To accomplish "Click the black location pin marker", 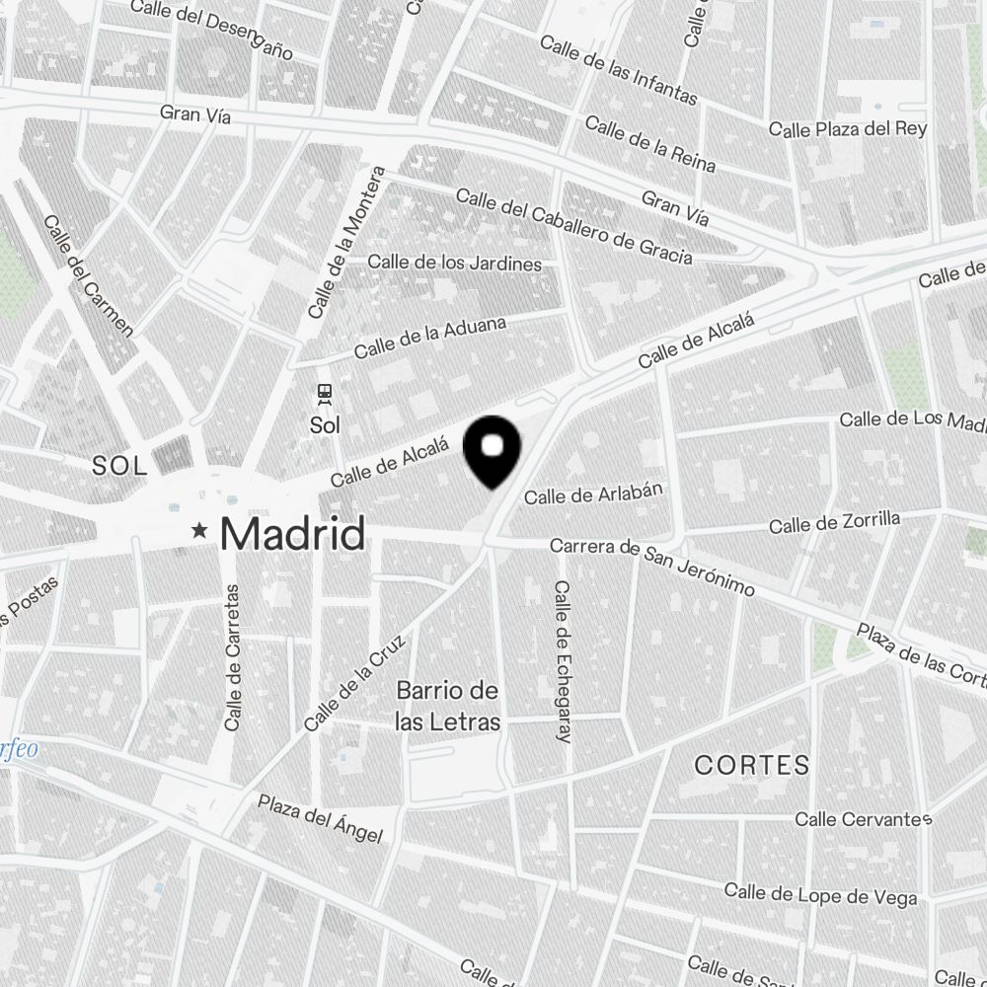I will click(x=493, y=450).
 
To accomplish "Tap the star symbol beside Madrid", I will click(x=200, y=531).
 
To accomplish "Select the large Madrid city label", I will click(x=292, y=534).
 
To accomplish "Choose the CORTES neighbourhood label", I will click(x=752, y=765).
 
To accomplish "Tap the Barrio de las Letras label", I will click(x=447, y=706).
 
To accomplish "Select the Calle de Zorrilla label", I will click(x=834, y=522).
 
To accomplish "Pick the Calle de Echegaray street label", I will click(x=564, y=661).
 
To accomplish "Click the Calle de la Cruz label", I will click(x=356, y=681).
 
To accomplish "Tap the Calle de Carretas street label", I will click(x=234, y=656).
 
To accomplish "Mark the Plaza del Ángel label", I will click(x=320, y=819).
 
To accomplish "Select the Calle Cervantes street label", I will click(x=864, y=819).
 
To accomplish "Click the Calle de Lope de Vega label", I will click(x=820, y=894).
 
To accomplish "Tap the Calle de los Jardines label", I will click(x=455, y=264).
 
